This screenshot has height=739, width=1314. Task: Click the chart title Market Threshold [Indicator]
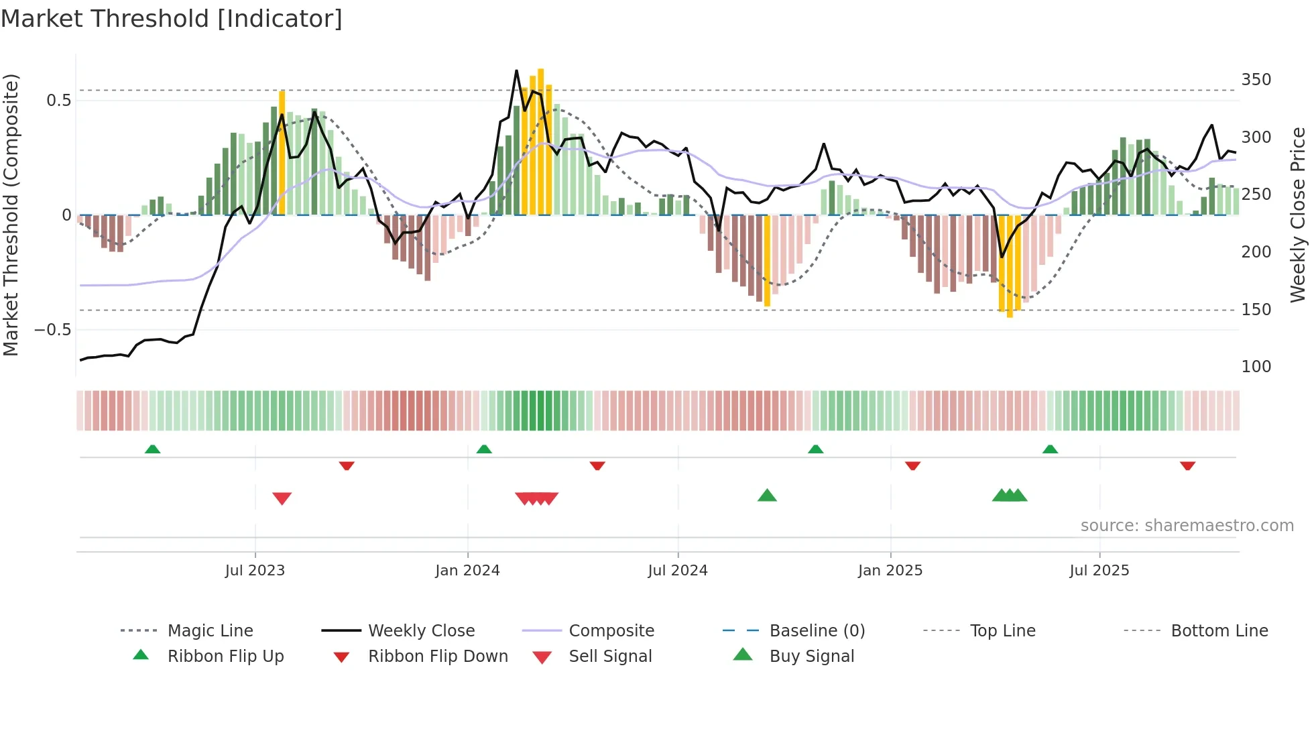pos(172,19)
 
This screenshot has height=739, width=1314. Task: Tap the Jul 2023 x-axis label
pos(255,571)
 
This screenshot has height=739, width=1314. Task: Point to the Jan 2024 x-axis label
pos(467,571)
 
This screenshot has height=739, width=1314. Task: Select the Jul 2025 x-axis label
pos(1099,571)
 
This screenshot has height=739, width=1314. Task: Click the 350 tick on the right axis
pos(1256,80)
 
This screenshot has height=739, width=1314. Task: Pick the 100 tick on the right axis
pos(1256,367)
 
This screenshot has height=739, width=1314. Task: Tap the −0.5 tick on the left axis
pos(52,330)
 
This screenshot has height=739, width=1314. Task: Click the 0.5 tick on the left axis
pos(58,101)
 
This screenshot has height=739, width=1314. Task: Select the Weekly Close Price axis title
pos(1298,215)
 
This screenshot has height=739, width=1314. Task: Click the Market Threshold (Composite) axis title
pos(11,215)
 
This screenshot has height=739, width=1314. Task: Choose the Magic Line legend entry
pos(210,631)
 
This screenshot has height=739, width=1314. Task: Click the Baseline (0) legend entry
pos(817,631)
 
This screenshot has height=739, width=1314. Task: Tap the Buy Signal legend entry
pos(811,657)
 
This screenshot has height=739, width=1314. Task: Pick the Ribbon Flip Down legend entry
pos(437,657)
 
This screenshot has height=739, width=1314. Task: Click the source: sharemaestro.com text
pos(1187,526)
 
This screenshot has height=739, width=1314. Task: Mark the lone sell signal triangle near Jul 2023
pos(282,498)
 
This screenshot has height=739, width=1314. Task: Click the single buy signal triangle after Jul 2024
pos(767,496)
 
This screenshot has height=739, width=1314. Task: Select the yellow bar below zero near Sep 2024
pos(767,262)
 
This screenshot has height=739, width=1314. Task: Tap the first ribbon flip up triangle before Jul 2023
pos(152,449)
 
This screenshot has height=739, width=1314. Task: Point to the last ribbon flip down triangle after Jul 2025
pos(1187,465)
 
